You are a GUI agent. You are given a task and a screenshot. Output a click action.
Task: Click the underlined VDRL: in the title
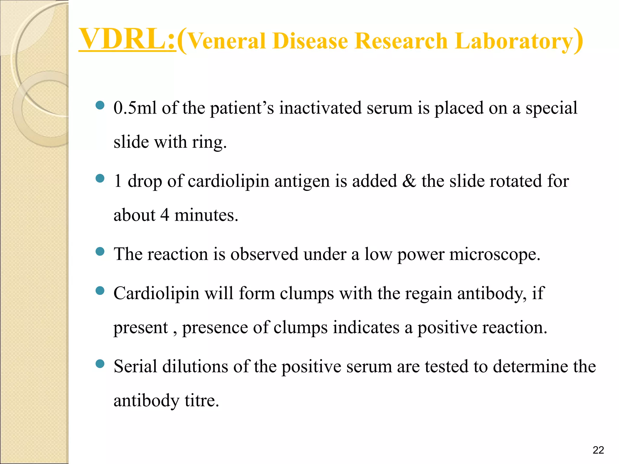[x=127, y=39]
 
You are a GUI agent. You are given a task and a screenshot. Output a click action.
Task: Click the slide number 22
[x=598, y=450]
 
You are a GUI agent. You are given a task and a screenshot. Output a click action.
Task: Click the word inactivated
[x=320, y=108]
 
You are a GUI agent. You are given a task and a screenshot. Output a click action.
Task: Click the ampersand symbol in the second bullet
[x=409, y=181]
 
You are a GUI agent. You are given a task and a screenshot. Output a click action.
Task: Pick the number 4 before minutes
[x=164, y=215]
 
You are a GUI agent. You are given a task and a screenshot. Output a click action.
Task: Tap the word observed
[x=264, y=254]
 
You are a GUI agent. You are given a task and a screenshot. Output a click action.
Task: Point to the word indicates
[x=366, y=327]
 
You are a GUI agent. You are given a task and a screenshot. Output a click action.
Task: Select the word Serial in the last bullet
[x=135, y=366]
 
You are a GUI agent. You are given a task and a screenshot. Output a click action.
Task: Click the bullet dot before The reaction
[x=100, y=251]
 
